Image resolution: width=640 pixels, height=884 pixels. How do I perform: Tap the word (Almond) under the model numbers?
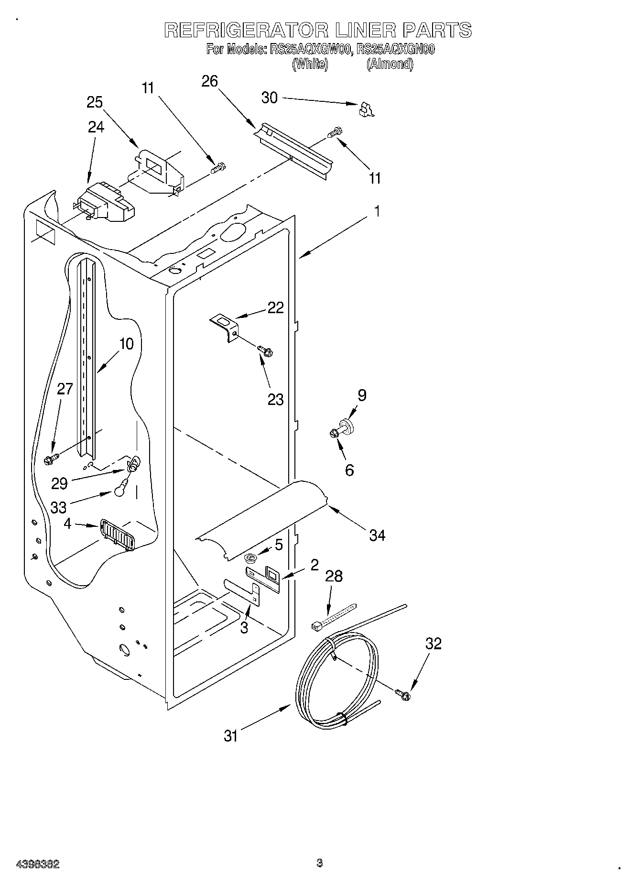click(x=390, y=64)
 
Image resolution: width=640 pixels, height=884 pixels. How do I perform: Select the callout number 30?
click(x=270, y=98)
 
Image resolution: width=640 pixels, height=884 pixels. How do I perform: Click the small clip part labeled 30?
click(x=366, y=110)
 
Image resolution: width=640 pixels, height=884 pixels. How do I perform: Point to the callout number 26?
click(x=209, y=81)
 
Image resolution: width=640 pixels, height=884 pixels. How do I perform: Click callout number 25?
click(x=95, y=102)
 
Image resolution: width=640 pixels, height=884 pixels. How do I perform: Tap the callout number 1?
click(x=377, y=211)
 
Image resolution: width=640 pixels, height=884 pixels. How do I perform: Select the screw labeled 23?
click(x=266, y=351)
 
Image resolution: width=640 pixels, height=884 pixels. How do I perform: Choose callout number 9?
click(x=362, y=395)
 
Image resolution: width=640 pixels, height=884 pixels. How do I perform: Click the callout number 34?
click(x=377, y=535)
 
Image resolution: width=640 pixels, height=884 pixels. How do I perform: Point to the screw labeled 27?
click(x=50, y=459)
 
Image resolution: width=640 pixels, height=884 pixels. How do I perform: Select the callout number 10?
click(x=126, y=344)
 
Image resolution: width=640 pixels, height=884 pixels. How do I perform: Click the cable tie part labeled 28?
click(x=334, y=615)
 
